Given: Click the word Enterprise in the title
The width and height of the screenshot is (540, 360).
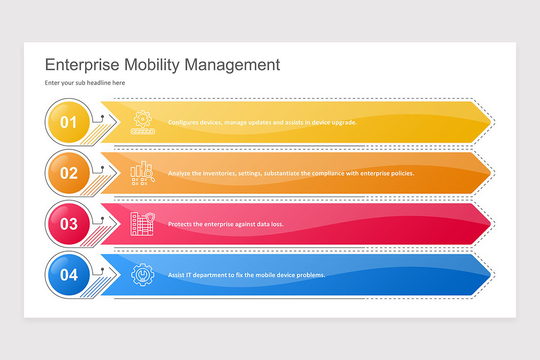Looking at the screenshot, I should point(82,65).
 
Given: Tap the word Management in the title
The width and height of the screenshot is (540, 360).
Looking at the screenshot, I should point(232,65).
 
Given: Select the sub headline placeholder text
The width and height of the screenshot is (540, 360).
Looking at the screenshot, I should point(85,83).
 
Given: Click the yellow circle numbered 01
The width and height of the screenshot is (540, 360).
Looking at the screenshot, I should point(68,122).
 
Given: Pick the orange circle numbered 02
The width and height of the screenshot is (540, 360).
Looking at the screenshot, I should point(68,173).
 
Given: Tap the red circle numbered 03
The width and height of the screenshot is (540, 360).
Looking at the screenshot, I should point(68,224).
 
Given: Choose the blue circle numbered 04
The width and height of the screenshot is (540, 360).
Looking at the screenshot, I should point(68,274).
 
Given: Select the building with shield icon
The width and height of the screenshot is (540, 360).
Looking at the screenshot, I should point(142,224).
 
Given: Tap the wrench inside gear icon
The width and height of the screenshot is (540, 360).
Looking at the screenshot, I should point(142,275).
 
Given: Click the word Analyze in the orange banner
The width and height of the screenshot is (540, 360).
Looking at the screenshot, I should point(179,173).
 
